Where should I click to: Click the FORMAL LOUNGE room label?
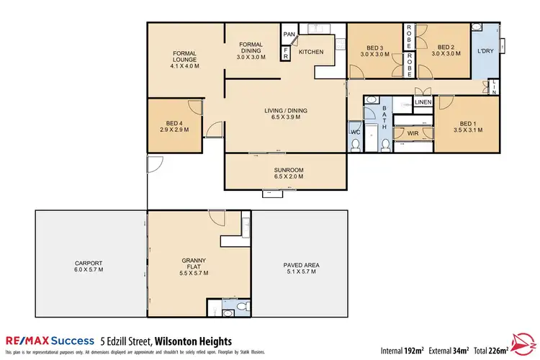pyautogui.click(x=184, y=56)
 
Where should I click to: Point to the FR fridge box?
pyautogui.click(x=286, y=53)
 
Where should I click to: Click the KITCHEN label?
pyautogui.click(x=312, y=53)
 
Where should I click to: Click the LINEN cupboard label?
pyautogui.click(x=423, y=103)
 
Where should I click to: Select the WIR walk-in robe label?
pyautogui.click(x=413, y=133)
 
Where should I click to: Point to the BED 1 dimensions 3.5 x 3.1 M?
pyautogui.click(x=469, y=130)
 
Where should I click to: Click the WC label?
pyautogui.click(x=355, y=132)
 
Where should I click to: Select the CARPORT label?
pyautogui.click(x=90, y=263)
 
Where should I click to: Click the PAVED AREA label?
pyautogui.click(x=301, y=265)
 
